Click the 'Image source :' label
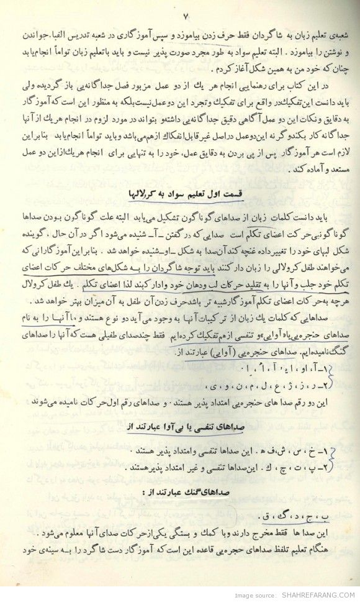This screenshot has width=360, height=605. click(x=253, y=594)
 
